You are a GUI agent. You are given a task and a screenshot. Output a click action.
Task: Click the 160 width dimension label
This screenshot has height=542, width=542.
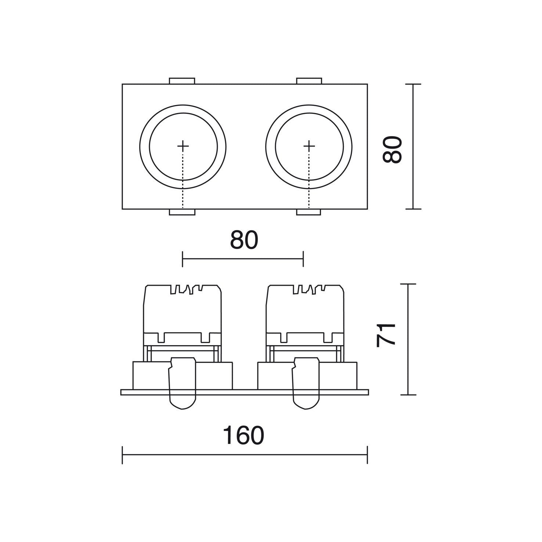[243, 436]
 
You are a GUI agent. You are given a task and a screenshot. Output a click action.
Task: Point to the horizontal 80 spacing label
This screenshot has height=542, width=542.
[244, 240]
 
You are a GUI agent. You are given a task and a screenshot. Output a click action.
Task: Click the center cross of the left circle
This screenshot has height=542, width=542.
[183, 146]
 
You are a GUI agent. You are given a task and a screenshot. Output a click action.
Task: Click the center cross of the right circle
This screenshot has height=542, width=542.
[309, 146]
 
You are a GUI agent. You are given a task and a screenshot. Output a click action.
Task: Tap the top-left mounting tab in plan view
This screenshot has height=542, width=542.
[182, 81]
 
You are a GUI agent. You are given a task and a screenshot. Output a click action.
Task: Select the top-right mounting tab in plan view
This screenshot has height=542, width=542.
[309, 81]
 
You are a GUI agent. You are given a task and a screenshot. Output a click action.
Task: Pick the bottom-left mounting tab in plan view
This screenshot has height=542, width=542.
[182, 212]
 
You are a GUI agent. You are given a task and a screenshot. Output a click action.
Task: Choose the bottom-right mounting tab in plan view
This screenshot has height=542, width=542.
[308, 212]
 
